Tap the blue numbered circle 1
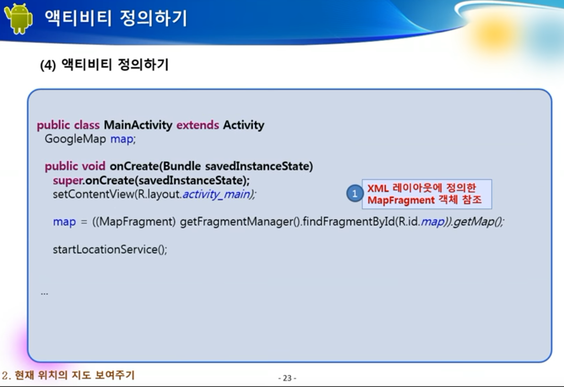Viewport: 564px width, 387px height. [x=355, y=193]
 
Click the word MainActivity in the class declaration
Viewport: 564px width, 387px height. [x=138, y=125]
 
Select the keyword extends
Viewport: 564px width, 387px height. [x=197, y=125]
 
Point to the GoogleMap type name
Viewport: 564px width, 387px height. [x=75, y=139]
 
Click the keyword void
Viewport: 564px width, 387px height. [x=93, y=166]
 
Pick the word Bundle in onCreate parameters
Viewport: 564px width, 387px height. [x=182, y=166]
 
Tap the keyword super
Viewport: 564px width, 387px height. [x=68, y=180]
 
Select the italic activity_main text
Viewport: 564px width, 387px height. [x=217, y=194]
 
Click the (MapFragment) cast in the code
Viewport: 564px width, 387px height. [x=135, y=221]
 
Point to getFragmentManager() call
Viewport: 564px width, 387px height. [x=240, y=221]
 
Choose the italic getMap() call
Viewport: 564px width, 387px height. [x=477, y=221]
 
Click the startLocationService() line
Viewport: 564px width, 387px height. [x=110, y=249]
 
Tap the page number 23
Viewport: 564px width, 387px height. [x=287, y=378]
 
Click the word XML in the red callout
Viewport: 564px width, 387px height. [x=378, y=188]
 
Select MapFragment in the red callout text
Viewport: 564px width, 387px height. [x=401, y=200]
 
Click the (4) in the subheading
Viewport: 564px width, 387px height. [x=48, y=65]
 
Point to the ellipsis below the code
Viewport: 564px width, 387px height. [x=44, y=294]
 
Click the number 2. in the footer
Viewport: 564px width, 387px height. [x=7, y=375]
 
